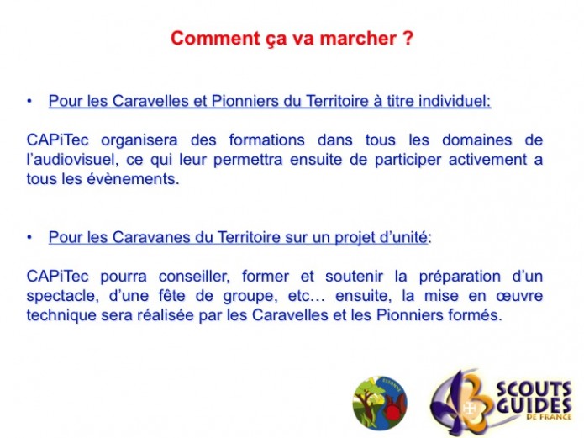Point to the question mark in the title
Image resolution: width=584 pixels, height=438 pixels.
pyautogui.click(x=408, y=38)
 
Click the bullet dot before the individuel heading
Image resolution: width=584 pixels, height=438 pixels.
pyautogui.click(x=29, y=102)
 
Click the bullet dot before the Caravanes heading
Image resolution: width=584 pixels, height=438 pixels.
pyautogui.click(x=29, y=237)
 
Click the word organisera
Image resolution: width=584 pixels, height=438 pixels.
pyautogui.click(x=139, y=140)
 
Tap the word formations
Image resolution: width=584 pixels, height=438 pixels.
pyautogui.click(x=266, y=140)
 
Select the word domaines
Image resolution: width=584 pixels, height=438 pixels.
pyautogui.click(x=476, y=140)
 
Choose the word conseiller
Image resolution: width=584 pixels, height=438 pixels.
pyautogui.click(x=194, y=277)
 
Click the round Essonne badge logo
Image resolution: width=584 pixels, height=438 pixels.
pyautogui.click(x=380, y=403)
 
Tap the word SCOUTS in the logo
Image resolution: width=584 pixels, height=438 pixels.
pyautogui.click(x=534, y=390)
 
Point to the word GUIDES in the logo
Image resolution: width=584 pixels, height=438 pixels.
pyautogui.click(x=534, y=405)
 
